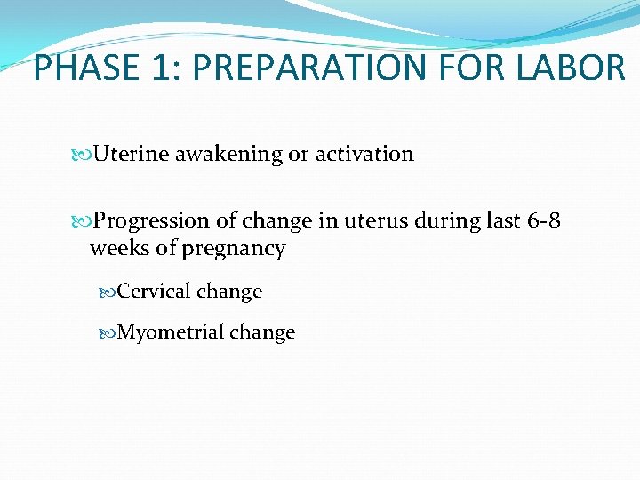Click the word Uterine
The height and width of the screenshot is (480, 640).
132,155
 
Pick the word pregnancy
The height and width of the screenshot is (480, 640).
233,249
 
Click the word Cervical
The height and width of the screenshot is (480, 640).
154,292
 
